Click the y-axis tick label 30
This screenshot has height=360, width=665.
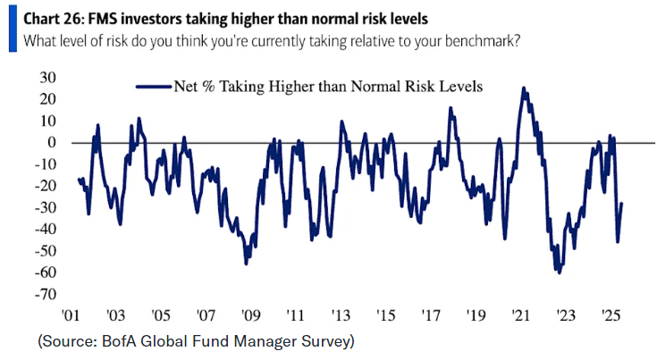[x=47, y=77]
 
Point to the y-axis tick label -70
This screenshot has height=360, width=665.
[x=45, y=294]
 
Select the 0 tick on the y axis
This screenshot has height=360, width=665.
[x=52, y=142]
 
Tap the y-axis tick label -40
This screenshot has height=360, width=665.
[x=45, y=229]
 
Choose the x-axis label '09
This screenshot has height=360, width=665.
[x=251, y=315]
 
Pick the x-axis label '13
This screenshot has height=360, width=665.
[x=341, y=315]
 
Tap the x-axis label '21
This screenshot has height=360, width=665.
[x=521, y=315]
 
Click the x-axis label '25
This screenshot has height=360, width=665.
[x=611, y=315]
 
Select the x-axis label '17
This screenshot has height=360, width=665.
[x=431, y=315]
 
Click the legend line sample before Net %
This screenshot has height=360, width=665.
[x=152, y=87]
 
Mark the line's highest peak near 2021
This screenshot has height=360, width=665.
[x=523, y=88]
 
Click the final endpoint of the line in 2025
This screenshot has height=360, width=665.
[x=622, y=204]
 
